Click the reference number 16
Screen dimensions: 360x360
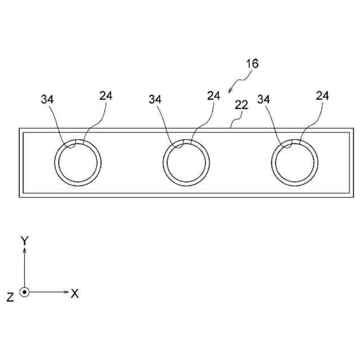pyautogui.click(x=251, y=64)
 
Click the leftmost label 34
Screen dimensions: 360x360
pyautogui.click(x=48, y=99)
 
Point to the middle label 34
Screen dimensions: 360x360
pyautogui.click(x=156, y=99)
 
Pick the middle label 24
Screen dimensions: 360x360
pyautogui.click(x=213, y=96)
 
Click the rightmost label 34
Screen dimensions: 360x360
pyautogui.click(x=264, y=99)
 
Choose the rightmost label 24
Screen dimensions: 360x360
pyautogui.click(x=322, y=96)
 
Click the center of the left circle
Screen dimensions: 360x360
pyautogui.click(x=80, y=162)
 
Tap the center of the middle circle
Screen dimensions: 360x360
pyautogui.click(x=188, y=162)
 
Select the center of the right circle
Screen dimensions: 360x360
pyautogui.click(x=293, y=162)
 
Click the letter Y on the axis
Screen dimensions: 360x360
pyautogui.click(x=24, y=241)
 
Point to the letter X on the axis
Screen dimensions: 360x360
pyautogui.click(x=74, y=293)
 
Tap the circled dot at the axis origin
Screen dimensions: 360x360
pyautogui.click(x=24, y=292)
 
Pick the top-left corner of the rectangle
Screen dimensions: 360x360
pyautogui.click(x=20, y=129)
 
